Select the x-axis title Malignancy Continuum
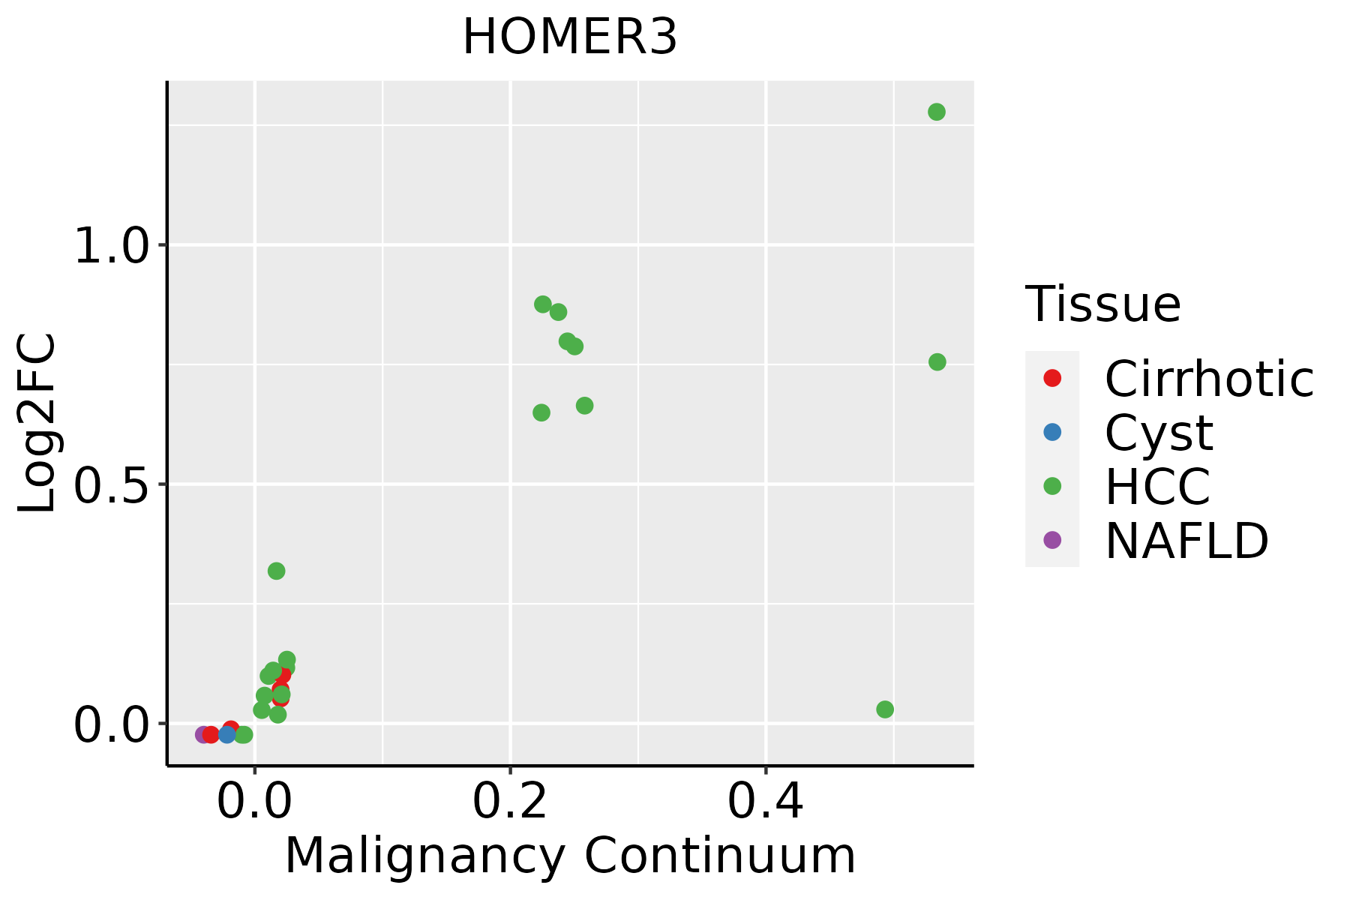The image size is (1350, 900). (x=570, y=856)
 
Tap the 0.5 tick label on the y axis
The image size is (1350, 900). (x=112, y=484)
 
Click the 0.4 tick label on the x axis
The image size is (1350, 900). (x=766, y=802)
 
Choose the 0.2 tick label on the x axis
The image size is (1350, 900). (x=510, y=802)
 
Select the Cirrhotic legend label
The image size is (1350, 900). (x=1209, y=379)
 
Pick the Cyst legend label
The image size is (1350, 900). (x=1159, y=433)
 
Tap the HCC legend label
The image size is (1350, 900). (x=1158, y=487)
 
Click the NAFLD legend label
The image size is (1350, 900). (x=1186, y=541)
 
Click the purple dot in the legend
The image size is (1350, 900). (x=1052, y=539)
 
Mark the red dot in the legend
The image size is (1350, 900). (x=1052, y=378)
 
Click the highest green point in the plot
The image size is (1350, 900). (x=937, y=112)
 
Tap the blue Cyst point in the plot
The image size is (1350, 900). (x=227, y=734)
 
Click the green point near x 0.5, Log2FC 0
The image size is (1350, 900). (x=885, y=709)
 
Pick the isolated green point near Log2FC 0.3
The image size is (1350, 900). (x=277, y=571)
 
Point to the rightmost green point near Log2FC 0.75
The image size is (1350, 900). (x=937, y=362)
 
